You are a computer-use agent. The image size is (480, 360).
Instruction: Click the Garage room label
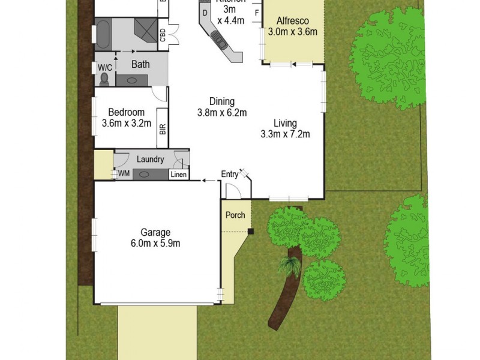point(156,232)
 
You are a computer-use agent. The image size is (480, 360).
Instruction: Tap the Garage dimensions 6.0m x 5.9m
point(156,243)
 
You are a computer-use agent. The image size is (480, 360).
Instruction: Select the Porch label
point(235,215)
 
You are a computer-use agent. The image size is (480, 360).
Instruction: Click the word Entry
point(230,175)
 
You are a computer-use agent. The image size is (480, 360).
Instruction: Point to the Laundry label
point(150,160)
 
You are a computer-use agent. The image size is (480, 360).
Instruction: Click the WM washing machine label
point(124,173)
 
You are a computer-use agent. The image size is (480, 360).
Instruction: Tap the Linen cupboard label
point(178,175)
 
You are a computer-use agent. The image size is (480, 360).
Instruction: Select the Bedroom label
point(126,112)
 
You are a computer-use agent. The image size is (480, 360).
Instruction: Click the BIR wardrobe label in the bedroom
point(162,128)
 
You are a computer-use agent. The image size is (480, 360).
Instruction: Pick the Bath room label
point(141,65)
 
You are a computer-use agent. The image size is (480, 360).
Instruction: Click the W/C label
point(104,68)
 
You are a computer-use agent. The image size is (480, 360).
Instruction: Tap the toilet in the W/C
point(106,79)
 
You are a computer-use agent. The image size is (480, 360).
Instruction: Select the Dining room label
point(221,101)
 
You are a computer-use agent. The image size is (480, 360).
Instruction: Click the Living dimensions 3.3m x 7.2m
point(285,134)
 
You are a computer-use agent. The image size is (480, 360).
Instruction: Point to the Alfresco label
point(293,21)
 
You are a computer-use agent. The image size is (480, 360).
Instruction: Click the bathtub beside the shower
point(104,34)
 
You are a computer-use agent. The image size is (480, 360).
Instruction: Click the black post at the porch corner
point(251,231)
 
